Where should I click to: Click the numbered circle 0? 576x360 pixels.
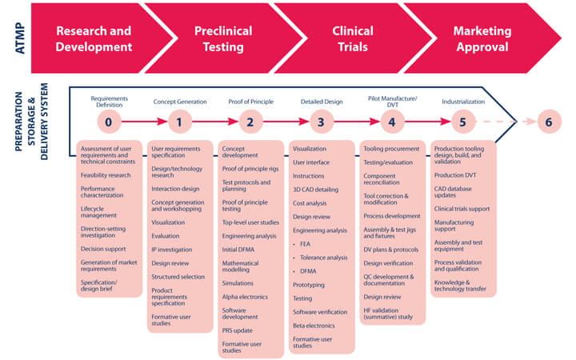point(110,122)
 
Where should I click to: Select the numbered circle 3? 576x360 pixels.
point(321,122)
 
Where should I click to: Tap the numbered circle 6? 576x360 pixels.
point(547,122)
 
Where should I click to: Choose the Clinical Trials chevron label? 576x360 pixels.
point(353,38)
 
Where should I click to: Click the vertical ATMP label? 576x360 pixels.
point(15,38)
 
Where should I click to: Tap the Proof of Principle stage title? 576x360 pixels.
point(250,102)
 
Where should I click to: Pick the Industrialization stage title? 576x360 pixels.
point(462,102)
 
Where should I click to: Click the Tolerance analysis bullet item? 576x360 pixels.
point(323,258)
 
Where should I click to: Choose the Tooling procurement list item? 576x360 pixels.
point(391,149)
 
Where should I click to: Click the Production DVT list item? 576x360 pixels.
point(455,175)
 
